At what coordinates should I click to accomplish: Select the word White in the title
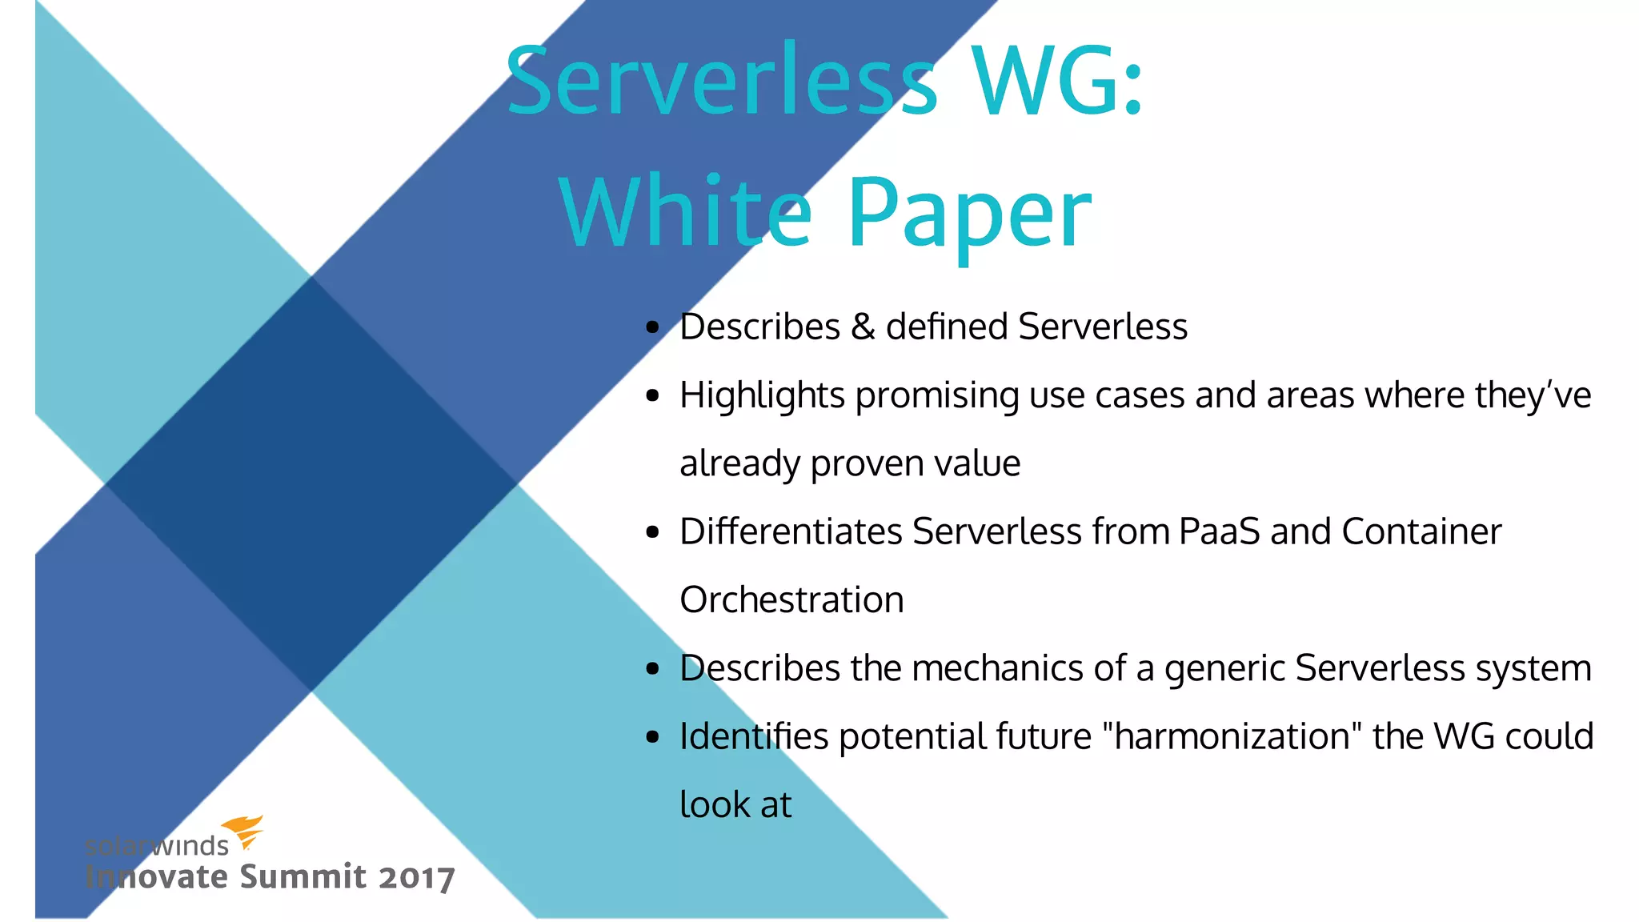coord(685,213)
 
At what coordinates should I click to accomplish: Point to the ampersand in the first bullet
coord(863,327)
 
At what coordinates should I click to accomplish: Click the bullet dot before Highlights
coord(654,395)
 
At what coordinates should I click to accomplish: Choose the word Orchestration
coord(791,600)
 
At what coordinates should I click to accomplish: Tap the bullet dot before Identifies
coord(654,736)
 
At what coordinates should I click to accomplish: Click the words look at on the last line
coord(735,804)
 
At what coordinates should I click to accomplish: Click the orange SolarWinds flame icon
coord(243,832)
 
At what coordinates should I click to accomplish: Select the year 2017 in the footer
coord(416,878)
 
